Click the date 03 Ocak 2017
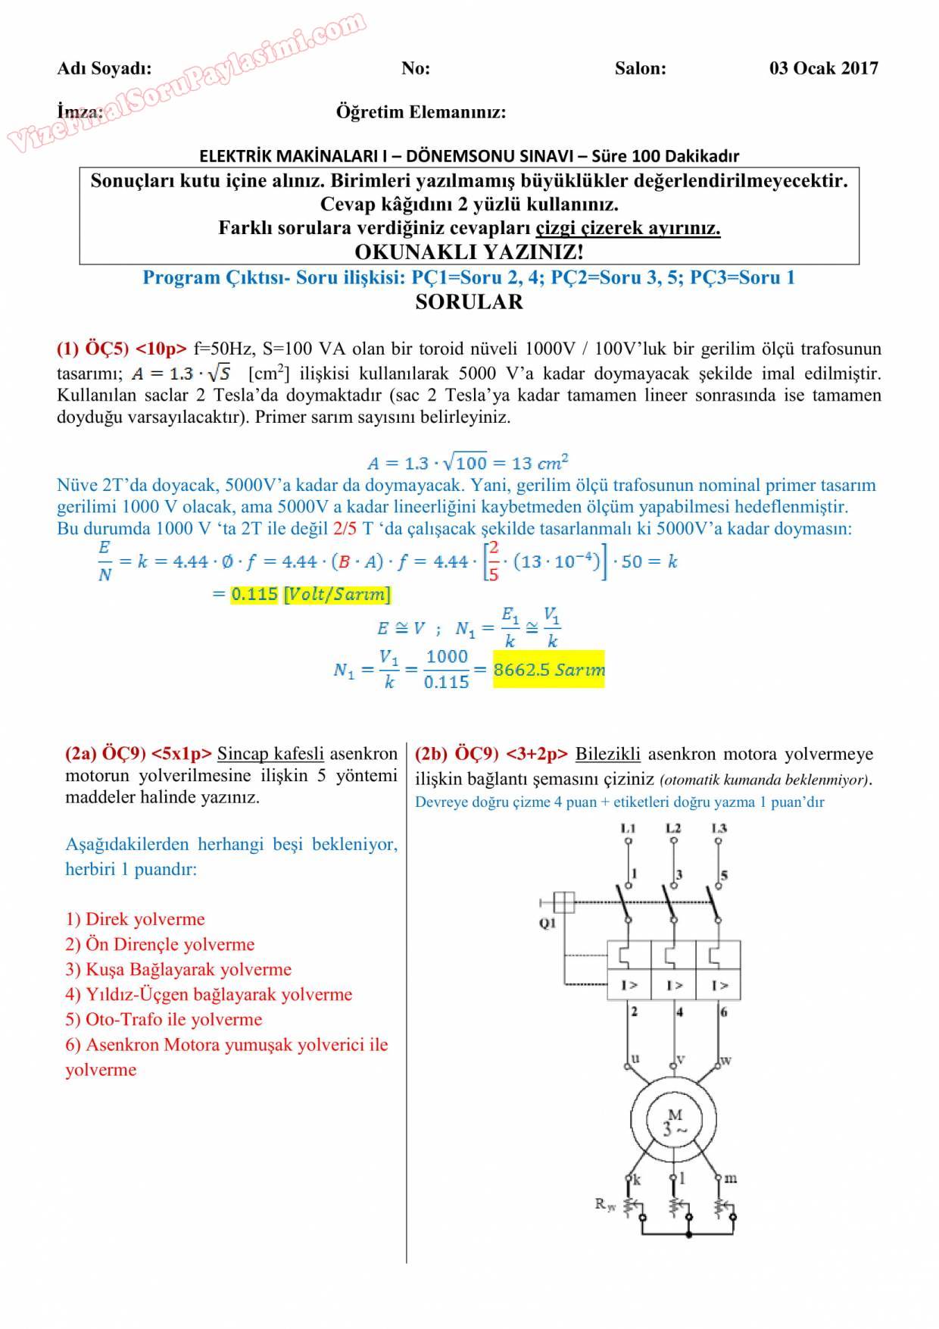(x=823, y=68)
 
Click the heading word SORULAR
(x=469, y=302)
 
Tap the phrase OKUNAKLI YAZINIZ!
(x=469, y=252)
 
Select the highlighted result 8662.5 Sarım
(x=549, y=670)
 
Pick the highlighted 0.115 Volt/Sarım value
(x=310, y=594)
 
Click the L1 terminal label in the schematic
(x=628, y=828)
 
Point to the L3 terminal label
(x=719, y=828)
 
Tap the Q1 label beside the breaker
(x=547, y=923)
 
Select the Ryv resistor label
(x=605, y=1204)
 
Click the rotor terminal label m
(x=731, y=1177)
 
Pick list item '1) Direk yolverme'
(x=135, y=919)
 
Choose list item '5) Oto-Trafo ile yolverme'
(x=164, y=1019)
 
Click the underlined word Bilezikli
(x=608, y=754)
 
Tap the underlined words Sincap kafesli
(x=270, y=754)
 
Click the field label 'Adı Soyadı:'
(x=105, y=68)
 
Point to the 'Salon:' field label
(x=641, y=68)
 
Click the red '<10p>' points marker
(x=161, y=349)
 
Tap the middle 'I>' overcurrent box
(x=674, y=985)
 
